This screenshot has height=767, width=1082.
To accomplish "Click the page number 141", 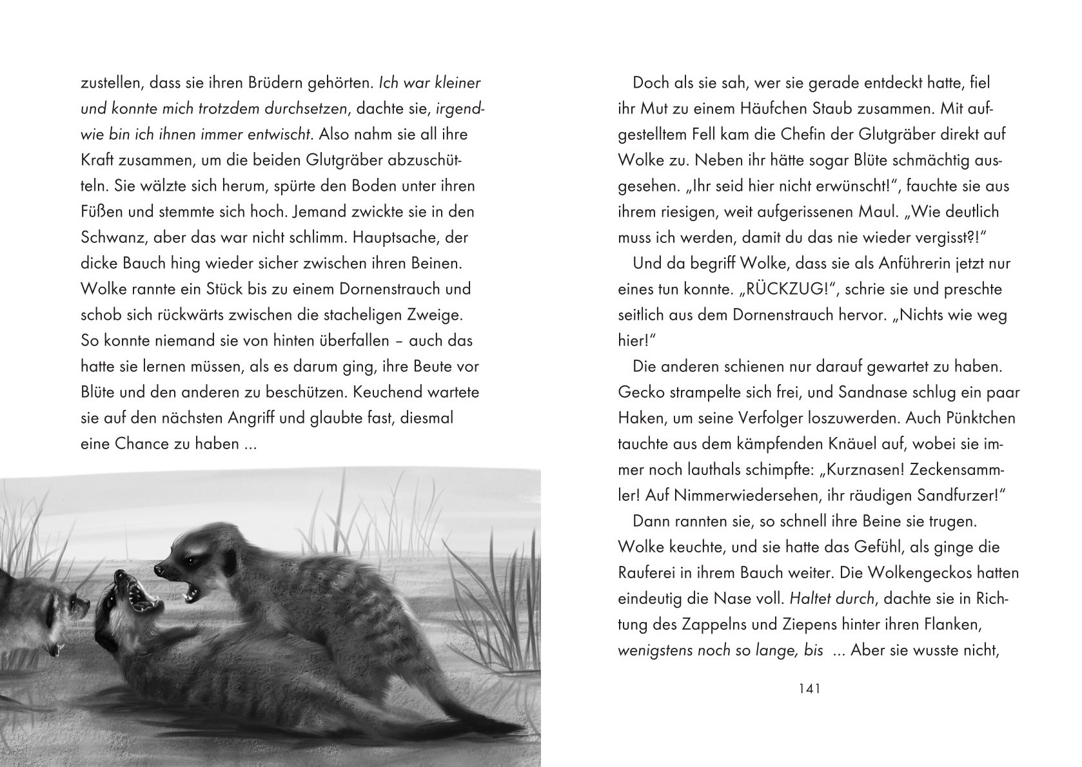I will tap(809, 689).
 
